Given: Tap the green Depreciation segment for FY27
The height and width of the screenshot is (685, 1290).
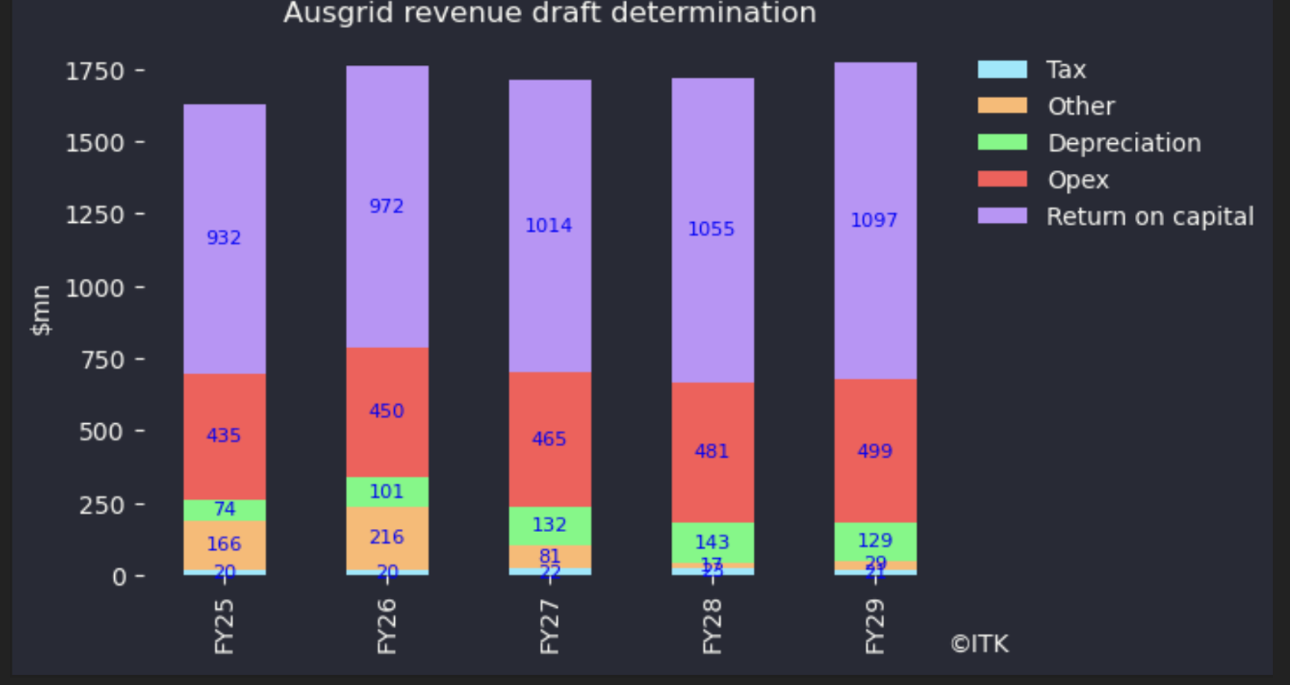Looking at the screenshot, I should tap(549, 525).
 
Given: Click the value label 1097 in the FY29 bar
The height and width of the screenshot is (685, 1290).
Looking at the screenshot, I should tap(874, 220).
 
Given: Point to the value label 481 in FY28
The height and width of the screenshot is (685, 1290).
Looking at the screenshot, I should tap(711, 451).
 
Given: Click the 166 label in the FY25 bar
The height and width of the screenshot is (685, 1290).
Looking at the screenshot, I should tap(224, 545).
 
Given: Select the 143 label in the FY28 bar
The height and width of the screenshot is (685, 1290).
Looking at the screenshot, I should tap(711, 543).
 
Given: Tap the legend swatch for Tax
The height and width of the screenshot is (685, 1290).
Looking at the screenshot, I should tap(1002, 70).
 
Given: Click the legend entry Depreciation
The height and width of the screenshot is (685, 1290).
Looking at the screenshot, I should tap(1123, 143).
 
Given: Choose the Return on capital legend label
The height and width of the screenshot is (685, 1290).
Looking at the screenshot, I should tap(1150, 217).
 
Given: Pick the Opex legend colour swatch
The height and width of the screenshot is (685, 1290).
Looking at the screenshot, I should tap(1002, 179).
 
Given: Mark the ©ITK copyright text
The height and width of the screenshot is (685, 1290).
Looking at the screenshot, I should tap(979, 644).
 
